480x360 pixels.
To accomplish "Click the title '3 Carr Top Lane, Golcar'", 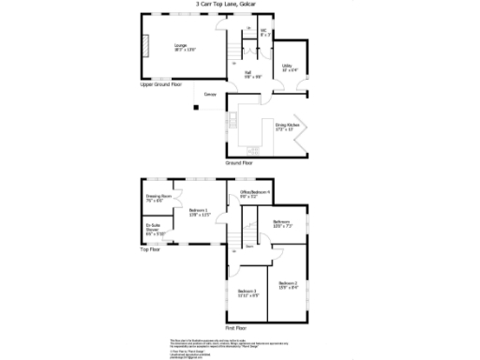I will [x=240, y=5].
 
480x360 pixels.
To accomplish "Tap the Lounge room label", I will [x=179, y=46].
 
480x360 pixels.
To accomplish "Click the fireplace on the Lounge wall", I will [x=144, y=47].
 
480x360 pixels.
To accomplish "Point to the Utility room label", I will [x=289, y=67].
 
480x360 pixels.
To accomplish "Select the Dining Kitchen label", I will [x=286, y=126].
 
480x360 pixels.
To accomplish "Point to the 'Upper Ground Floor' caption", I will [x=160, y=85].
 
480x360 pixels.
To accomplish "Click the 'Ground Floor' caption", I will [x=240, y=161].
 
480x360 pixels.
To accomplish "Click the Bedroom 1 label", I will [x=198, y=212].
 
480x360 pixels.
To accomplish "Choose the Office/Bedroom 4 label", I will [x=255, y=194].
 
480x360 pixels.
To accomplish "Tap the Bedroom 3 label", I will [x=247, y=292].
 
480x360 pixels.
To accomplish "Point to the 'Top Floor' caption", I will [x=150, y=249].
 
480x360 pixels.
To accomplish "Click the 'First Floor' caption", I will [x=236, y=328].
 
